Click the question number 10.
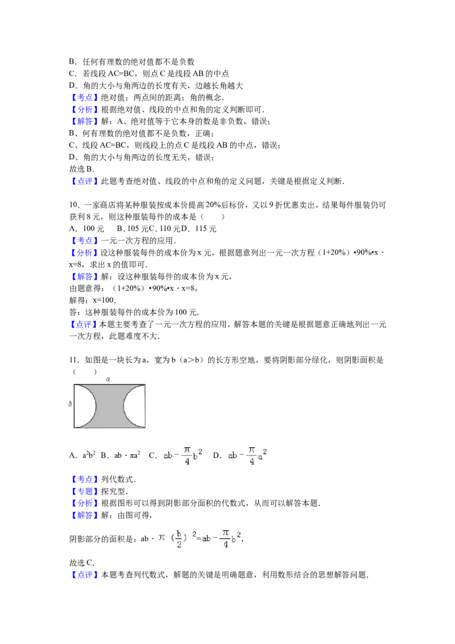pyautogui.click(x=73, y=205)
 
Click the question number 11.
pyautogui.click(x=73, y=360)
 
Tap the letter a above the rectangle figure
pyautogui.click(x=108, y=379)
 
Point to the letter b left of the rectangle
pyautogui.click(x=70, y=404)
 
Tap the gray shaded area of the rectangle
pyautogui.click(x=110, y=406)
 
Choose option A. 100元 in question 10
pyautogui.click(x=86, y=229)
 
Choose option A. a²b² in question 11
pyautogui.click(x=82, y=455)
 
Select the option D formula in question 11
pyautogui.click(x=240, y=455)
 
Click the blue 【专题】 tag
pyautogui.click(x=85, y=491)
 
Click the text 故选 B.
pyautogui.click(x=82, y=169)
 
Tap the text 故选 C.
pyautogui.click(x=82, y=563)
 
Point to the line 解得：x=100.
pyautogui.click(x=93, y=300)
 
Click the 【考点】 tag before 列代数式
pyautogui.click(x=85, y=480)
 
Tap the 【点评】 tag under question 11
pyautogui.click(x=85, y=575)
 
